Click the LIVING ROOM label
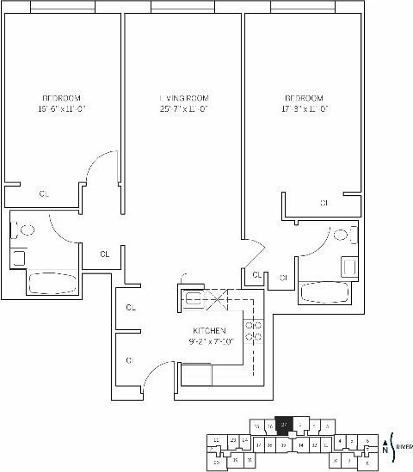184,97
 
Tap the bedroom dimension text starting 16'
62,109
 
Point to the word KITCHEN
209,331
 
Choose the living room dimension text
184,109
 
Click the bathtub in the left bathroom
53,283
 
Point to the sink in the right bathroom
348,267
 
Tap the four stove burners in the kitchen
253,330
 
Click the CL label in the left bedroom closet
45,194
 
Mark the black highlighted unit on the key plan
283,425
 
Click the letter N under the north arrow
385,448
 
